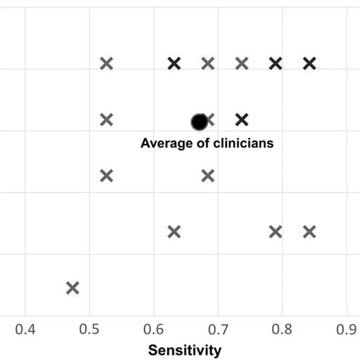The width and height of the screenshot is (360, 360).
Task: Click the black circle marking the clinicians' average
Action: (x=199, y=122)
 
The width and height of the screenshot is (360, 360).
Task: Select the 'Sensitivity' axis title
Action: (x=185, y=350)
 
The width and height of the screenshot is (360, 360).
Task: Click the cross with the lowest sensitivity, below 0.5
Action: (x=72, y=287)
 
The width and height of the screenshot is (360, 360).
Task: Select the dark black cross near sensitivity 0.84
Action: (x=309, y=64)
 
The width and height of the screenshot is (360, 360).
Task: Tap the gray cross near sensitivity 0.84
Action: (x=309, y=232)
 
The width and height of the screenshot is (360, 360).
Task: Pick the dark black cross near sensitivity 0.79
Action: (x=276, y=64)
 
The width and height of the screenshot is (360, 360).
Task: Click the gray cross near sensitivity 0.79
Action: (x=276, y=232)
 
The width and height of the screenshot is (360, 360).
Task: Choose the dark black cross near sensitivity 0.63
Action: (x=174, y=64)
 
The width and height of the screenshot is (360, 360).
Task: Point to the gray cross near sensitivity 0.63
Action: (x=174, y=232)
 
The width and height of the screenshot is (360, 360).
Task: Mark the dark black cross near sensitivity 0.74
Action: (x=242, y=119)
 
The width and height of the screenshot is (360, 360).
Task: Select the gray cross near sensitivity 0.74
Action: (x=242, y=64)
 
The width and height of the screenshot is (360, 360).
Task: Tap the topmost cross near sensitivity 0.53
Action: (x=106, y=64)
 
